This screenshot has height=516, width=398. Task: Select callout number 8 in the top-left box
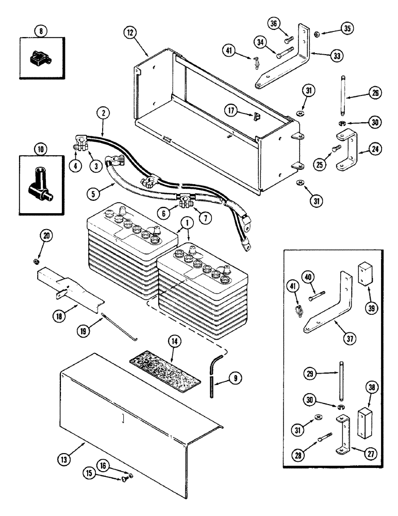point(42,31)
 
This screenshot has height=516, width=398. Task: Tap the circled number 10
point(42,150)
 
